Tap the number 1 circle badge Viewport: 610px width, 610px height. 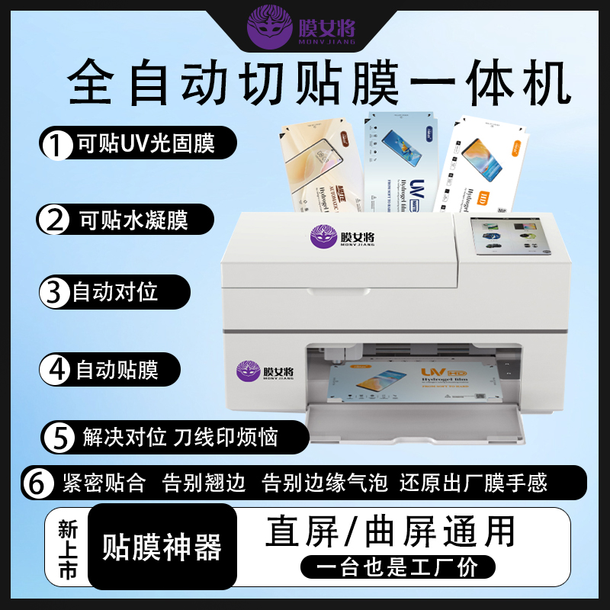click(56, 145)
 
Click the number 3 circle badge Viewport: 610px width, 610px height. click(53, 292)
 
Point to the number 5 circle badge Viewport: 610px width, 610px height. click(58, 437)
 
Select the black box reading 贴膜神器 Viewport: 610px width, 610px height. click(162, 547)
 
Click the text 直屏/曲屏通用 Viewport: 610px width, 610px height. click(390, 531)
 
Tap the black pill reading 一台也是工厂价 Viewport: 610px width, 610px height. click(396, 567)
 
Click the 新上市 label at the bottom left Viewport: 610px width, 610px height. click(68, 549)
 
